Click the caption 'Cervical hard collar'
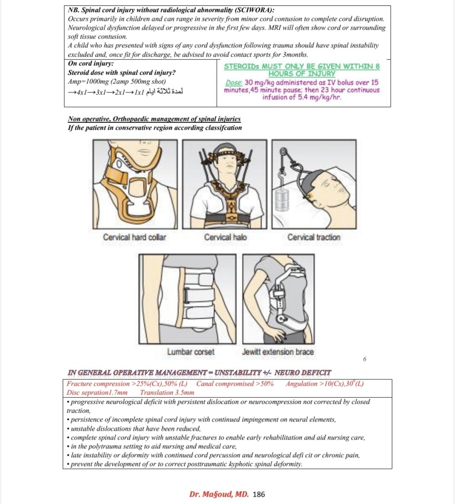coord(134,237)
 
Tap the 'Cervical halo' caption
coord(225,237)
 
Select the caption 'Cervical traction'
coord(314,237)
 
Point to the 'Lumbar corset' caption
coord(190,352)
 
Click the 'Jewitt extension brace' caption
coord(278,352)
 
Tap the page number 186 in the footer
coord(259,494)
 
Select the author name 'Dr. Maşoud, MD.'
coord(219,494)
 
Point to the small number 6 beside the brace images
coord(364,359)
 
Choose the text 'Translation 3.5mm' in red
coord(167,393)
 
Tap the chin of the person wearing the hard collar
coord(148,154)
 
